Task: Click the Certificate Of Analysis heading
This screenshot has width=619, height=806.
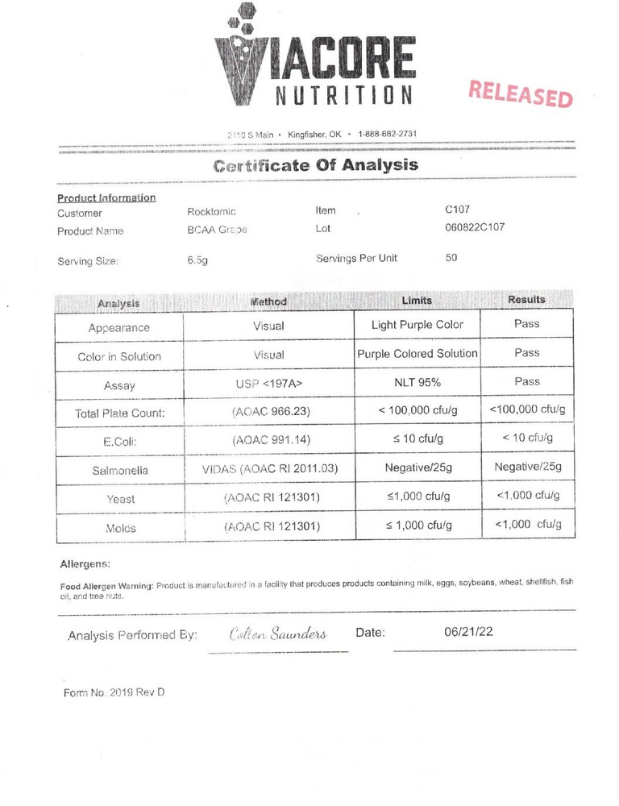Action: [x=315, y=166]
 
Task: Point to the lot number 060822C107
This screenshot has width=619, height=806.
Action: [x=475, y=227]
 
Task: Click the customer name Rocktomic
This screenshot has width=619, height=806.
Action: [x=211, y=212]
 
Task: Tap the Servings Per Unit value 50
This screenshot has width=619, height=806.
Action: [x=452, y=258]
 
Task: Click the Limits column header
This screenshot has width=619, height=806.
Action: [x=417, y=301]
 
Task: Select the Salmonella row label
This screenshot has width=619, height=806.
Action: [x=119, y=470]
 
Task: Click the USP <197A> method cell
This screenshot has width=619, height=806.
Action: [x=268, y=385]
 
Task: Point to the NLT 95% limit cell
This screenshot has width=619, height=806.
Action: [x=417, y=382]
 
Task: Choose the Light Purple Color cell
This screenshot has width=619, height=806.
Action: [x=417, y=325]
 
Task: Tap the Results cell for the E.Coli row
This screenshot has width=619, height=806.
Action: [x=527, y=438]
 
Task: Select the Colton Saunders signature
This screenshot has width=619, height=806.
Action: [x=278, y=634]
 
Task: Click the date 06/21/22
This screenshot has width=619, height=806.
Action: [x=468, y=631]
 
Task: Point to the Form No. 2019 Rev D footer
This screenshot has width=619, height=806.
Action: [x=114, y=692]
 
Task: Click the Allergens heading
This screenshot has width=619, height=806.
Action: [x=85, y=564]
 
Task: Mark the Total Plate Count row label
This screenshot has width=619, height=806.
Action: [x=119, y=413]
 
